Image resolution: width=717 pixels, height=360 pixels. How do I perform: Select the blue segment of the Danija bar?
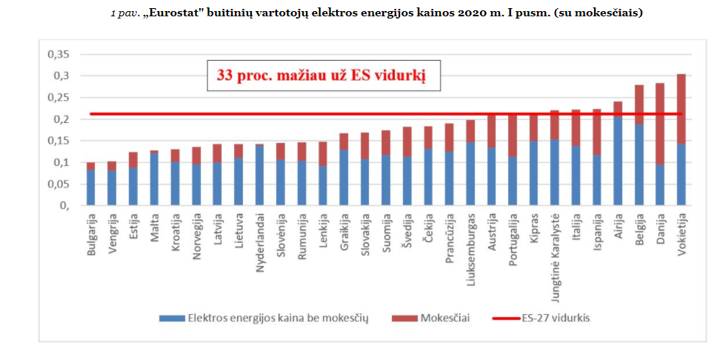660,184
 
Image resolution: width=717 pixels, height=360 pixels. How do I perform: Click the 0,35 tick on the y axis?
57,55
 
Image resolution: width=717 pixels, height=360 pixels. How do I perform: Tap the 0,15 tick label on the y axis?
57,141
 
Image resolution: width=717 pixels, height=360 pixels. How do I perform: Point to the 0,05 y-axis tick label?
57,184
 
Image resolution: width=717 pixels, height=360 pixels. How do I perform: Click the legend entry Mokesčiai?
444,318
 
